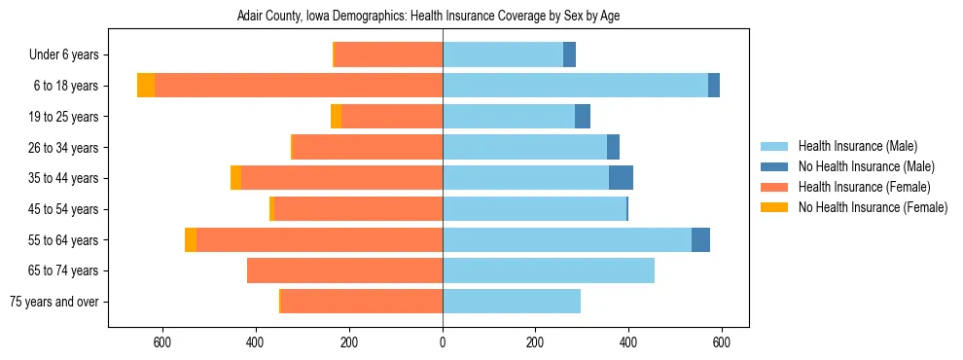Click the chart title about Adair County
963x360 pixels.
pos(443,17)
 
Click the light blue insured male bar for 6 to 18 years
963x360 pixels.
pos(575,86)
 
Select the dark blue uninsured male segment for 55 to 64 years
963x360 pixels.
pos(700,239)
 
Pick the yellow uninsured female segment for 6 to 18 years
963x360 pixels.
pos(146,86)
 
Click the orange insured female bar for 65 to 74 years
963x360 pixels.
pos(344,270)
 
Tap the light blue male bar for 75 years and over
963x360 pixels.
pos(512,302)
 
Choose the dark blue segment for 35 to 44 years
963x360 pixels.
pos(621,178)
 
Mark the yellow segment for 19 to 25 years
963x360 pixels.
pos(336,117)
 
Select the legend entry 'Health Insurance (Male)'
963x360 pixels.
pos(858,146)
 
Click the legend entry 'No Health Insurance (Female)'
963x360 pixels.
pos(873,207)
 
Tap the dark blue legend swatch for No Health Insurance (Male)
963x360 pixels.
pos(774,166)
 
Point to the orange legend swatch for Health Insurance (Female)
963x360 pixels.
pos(774,187)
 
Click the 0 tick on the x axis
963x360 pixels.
pos(443,342)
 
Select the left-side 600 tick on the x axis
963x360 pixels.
pos(162,342)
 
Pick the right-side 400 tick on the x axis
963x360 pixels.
pos(628,342)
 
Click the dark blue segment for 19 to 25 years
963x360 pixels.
pos(583,117)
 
